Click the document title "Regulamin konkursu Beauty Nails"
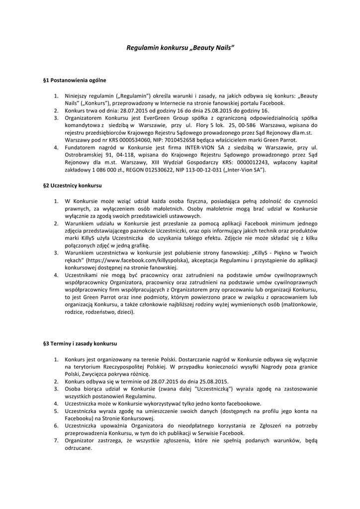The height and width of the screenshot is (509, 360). (x=180, y=48)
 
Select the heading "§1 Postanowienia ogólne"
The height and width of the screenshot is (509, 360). (x=75, y=80)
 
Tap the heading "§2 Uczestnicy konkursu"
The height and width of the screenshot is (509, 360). (x=73, y=185)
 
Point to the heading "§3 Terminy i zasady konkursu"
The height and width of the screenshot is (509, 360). (x=80, y=343)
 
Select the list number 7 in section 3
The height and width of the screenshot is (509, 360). (x=56, y=440)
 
